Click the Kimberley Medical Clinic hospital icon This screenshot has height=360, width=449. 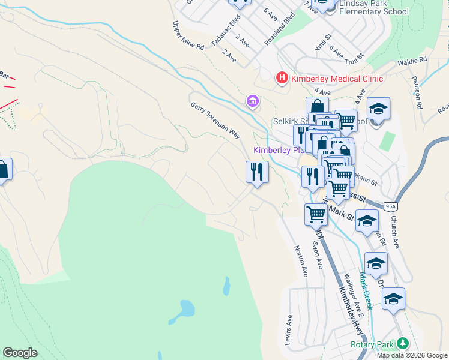point(281,78)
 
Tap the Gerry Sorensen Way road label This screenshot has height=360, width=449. point(215,120)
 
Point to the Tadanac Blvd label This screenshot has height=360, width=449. point(226,36)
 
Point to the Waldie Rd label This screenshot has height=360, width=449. point(412,61)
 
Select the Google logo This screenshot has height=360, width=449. point(20,353)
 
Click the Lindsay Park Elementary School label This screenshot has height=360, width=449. point(373,8)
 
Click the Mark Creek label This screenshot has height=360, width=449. point(366,290)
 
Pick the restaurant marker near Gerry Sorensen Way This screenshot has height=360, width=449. point(257,173)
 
